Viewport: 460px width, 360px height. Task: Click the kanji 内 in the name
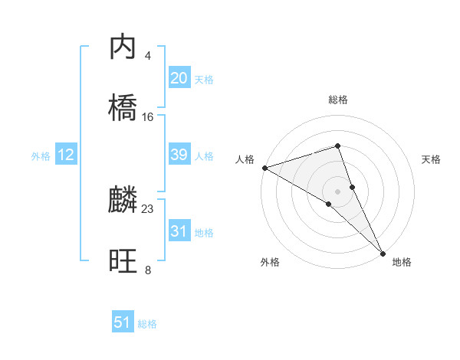pyautogui.click(x=123, y=48)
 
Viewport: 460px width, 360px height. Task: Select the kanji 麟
pyautogui.click(x=123, y=201)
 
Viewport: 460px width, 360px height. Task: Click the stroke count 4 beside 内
pyautogui.click(x=148, y=56)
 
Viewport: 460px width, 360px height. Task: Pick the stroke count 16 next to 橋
pyautogui.click(x=148, y=117)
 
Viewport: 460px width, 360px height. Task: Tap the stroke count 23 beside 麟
pyautogui.click(x=148, y=208)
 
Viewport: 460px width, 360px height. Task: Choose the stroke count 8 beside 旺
pyautogui.click(x=148, y=270)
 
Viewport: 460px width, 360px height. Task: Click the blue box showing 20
pyautogui.click(x=179, y=78)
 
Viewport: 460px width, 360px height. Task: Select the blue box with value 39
pyautogui.click(x=179, y=155)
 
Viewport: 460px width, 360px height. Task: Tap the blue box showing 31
pyautogui.click(x=179, y=231)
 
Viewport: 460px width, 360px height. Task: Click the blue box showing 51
pyautogui.click(x=123, y=322)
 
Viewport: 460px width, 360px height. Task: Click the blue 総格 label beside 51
pyautogui.click(x=147, y=324)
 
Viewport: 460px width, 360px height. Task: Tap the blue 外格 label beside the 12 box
pyautogui.click(x=41, y=156)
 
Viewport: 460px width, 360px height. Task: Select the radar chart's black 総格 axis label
pyautogui.click(x=338, y=100)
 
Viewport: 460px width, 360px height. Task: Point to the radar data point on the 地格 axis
pyautogui.click(x=383, y=252)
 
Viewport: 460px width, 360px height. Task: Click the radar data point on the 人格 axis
pyautogui.click(x=264, y=167)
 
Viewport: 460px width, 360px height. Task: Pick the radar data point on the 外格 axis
pyautogui.click(x=328, y=204)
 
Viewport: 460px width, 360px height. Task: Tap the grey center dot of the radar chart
pyautogui.click(x=338, y=190)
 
